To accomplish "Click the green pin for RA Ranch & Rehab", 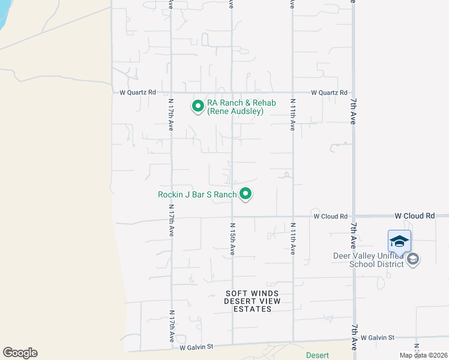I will tap(197, 106).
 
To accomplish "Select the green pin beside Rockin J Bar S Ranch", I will tap(245, 194).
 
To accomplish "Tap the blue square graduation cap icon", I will tap(399, 241).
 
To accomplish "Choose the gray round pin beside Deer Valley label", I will tap(412, 259).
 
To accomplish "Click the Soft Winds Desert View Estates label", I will tap(248, 301).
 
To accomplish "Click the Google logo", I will tap(20, 353).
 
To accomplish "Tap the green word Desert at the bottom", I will tap(317, 355).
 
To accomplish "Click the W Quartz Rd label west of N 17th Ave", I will tap(137, 92).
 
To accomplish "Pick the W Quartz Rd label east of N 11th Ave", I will tap(329, 92).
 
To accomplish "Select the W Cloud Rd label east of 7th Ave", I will tap(414, 215).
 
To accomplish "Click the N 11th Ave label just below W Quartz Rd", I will tap(293, 115).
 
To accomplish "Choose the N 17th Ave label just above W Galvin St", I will tap(171, 326).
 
